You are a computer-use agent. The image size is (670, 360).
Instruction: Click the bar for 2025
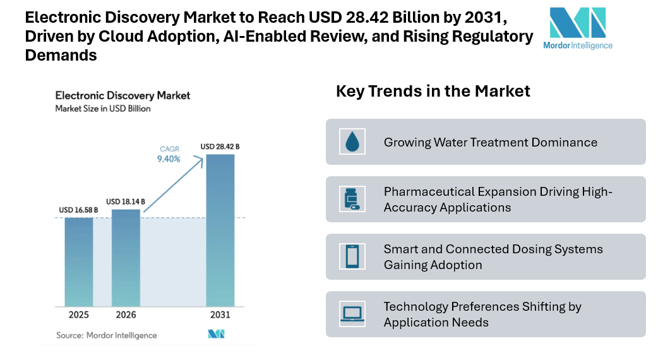[79, 261]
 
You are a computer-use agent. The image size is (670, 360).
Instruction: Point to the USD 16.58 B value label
[79, 210]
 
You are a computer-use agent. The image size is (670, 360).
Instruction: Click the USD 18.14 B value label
[126, 201]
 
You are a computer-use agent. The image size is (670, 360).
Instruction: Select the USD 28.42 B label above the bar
[220, 147]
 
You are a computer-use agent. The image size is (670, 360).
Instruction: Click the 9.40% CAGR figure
[169, 159]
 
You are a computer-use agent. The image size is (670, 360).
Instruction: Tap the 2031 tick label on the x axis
[220, 315]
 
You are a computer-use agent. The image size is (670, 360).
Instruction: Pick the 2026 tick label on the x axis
[126, 315]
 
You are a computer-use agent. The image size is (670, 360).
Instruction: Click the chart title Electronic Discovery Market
[123, 96]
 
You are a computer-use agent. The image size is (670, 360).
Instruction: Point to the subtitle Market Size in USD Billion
[103, 109]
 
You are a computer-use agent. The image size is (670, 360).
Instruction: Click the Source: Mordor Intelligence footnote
[106, 335]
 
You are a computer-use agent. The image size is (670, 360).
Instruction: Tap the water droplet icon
[352, 142]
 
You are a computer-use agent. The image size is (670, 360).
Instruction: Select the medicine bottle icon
[351, 199]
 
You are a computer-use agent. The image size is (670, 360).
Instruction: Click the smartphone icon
[352, 256]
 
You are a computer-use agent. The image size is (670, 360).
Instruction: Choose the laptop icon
[352, 314]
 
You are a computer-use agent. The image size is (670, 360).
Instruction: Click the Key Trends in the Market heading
[433, 91]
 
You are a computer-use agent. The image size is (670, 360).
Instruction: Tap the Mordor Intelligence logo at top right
[577, 28]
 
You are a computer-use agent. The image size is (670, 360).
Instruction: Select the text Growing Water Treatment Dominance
[490, 142]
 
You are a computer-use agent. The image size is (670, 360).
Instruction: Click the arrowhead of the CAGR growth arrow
[200, 158]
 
